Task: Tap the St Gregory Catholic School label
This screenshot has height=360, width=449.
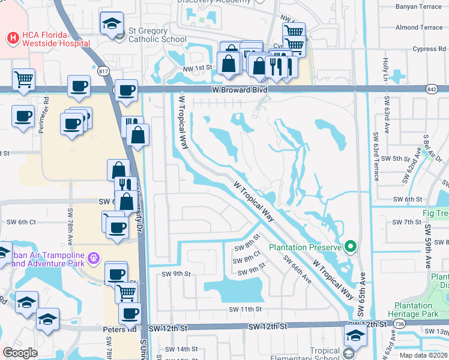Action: coord(157,35)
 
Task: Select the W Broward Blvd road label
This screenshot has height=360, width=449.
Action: coord(239,89)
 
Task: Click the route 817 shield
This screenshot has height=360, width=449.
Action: coord(104,72)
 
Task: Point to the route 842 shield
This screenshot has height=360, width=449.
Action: coord(433,89)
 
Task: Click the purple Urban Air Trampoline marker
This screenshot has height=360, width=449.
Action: coord(93,259)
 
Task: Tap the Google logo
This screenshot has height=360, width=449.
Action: coord(20,353)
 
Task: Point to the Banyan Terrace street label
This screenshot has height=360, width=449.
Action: coord(419,8)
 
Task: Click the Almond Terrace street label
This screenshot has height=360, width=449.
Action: coord(419,28)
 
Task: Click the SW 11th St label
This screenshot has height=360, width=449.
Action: coord(246,310)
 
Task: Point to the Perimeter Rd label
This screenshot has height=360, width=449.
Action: coord(45,113)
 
